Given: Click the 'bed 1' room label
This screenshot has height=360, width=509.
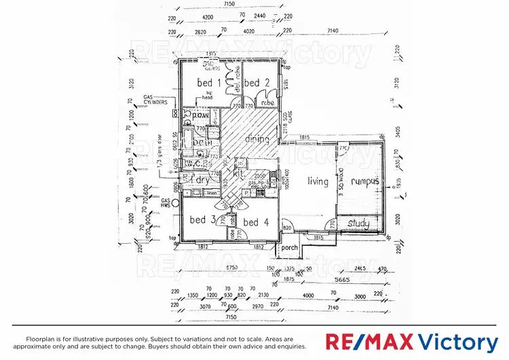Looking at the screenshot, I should (205, 83).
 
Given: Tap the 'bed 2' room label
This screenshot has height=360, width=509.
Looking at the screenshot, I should (252, 83).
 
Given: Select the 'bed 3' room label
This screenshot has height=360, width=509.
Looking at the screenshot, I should (202, 220).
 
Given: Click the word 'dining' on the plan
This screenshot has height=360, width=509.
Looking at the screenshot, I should (258, 139).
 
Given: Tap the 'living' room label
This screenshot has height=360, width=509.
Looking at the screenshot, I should (317, 181).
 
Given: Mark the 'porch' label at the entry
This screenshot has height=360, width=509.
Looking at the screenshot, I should (290, 248).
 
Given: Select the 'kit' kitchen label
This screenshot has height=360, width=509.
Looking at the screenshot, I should (238, 175).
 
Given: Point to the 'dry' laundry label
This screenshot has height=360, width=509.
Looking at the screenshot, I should (202, 180).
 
